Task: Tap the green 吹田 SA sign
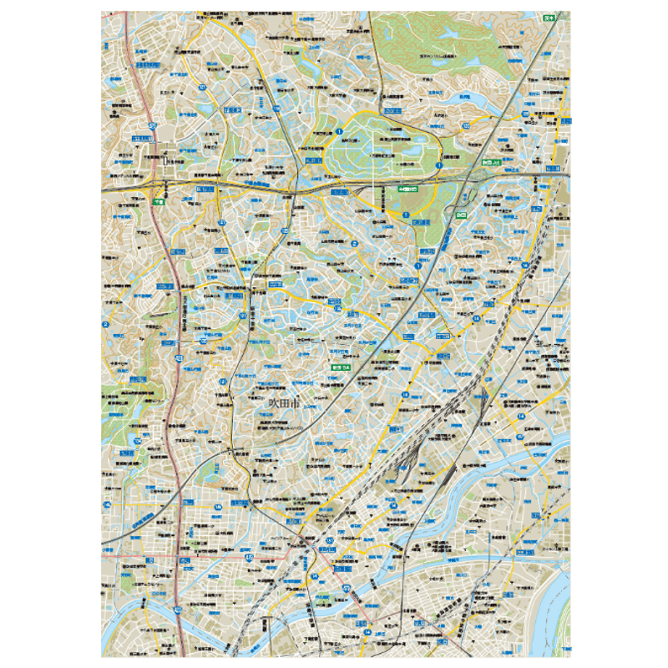click(x=340, y=367)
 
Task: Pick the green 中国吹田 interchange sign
click(x=408, y=190)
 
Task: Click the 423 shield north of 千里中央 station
click(x=152, y=125)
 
